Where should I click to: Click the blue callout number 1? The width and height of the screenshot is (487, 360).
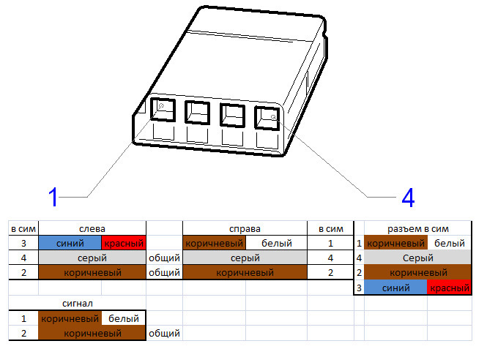coord(53,197)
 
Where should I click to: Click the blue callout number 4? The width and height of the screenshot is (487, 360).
coord(408,198)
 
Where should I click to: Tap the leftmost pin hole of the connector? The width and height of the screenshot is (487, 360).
coord(163,110)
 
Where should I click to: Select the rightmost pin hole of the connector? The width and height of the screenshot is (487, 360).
coord(267,118)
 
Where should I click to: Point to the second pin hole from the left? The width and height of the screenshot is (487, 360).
coord(198,113)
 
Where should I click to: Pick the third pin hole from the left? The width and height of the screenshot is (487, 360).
coord(232,115)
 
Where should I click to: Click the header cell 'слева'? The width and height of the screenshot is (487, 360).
coord(92,229)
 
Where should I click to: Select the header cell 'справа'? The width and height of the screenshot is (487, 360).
coord(245,229)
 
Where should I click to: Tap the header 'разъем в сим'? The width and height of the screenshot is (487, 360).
coord(417,229)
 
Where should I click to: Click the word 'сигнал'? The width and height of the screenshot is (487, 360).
coord(78,303)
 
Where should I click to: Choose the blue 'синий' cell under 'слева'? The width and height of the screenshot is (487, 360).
coord(70,243)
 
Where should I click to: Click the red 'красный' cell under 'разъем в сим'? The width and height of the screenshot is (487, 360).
coord(450,288)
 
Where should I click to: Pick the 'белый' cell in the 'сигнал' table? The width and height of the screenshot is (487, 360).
coord(124,318)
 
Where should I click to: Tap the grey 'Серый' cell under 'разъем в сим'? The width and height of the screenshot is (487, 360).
coord(417,258)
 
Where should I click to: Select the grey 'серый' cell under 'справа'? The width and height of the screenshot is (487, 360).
coord(245,258)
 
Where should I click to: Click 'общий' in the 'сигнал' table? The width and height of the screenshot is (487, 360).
coord(164,334)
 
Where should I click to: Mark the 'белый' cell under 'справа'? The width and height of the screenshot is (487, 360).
coord(276,243)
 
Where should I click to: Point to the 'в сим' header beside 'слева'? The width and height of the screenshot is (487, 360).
coord(23,229)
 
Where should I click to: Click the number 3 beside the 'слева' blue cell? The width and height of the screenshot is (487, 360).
coord(23,243)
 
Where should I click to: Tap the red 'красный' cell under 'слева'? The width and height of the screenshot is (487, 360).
coord(124,243)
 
